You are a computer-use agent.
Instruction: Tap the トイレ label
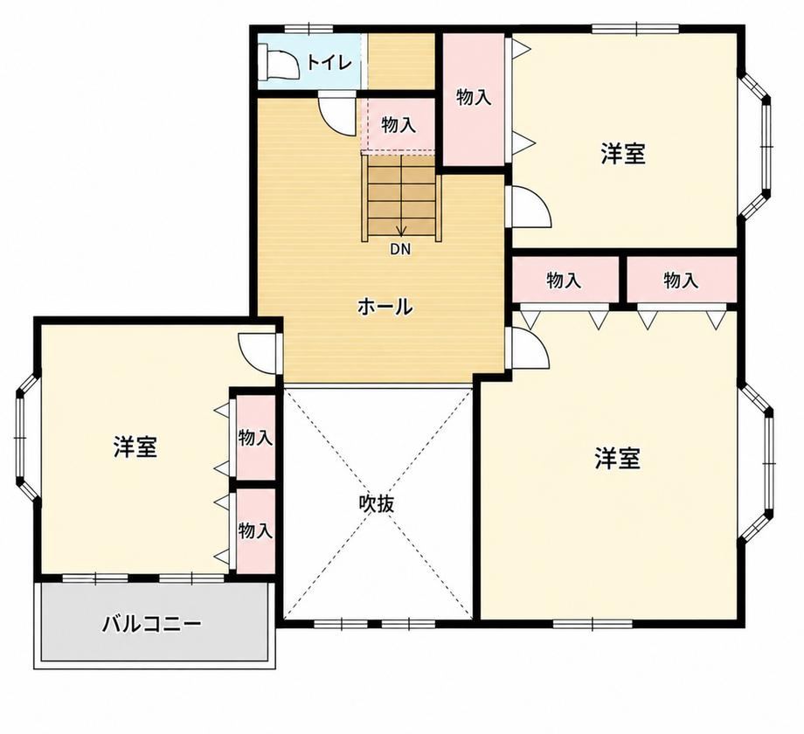click(x=330, y=63)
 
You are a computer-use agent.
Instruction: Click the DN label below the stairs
click(x=400, y=250)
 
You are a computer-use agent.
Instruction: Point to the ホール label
click(x=385, y=307)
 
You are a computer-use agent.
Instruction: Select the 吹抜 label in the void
click(x=377, y=504)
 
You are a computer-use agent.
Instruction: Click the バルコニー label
click(x=152, y=624)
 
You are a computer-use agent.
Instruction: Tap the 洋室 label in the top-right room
click(x=623, y=154)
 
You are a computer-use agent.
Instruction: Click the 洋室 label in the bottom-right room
click(x=617, y=458)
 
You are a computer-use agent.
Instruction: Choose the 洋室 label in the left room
click(x=135, y=447)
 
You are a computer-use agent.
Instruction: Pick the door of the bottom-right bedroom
click(x=527, y=349)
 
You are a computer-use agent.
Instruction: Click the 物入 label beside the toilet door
click(x=399, y=125)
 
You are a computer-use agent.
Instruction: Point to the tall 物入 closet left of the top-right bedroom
click(x=474, y=100)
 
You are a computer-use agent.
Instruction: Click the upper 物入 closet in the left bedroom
click(x=255, y=437)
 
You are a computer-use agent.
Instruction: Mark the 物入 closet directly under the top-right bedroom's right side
click(x=681, y=280)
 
